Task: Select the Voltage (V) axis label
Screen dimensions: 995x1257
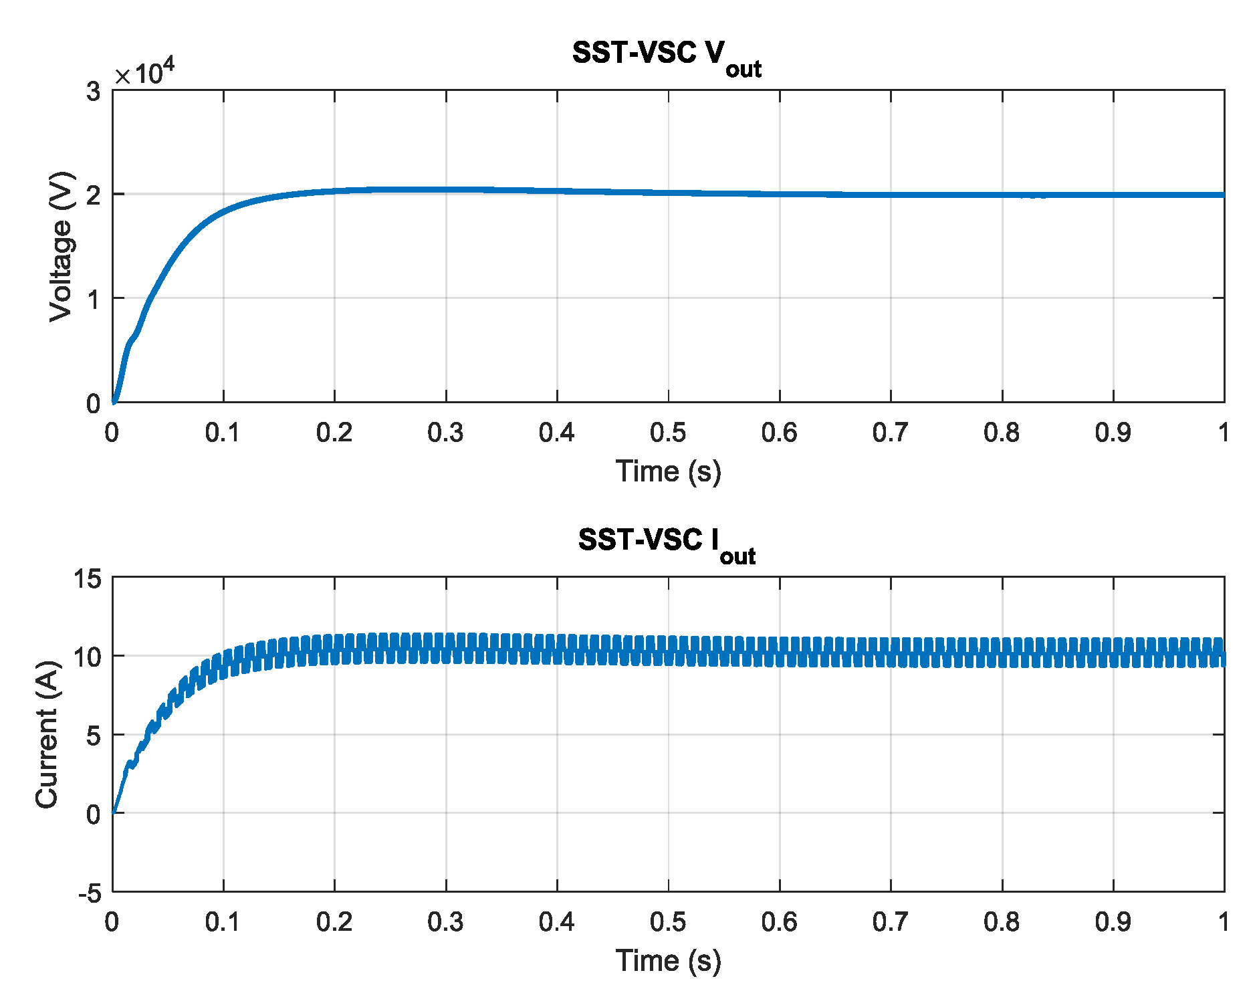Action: coord(61,247)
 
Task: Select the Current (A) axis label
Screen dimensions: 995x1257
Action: coord(47,734)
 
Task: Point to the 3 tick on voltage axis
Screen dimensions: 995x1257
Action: coord(93,92)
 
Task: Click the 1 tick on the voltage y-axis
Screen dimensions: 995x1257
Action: coord(93,299)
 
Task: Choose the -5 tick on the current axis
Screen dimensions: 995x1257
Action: coord(89,893)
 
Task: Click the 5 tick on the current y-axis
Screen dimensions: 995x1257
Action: coord(93,736)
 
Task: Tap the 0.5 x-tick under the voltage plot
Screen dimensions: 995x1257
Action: coord(668,433)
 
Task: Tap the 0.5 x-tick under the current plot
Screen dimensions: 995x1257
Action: coord(668,922)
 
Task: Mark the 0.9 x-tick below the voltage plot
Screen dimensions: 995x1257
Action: coord(1113,433)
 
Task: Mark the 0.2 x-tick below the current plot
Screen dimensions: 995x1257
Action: coord(334,922)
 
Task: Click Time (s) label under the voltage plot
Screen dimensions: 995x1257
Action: coord(668,471)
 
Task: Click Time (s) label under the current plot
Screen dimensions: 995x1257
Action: coord(668,961)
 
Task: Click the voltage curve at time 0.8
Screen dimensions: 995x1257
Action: coord(1002,195)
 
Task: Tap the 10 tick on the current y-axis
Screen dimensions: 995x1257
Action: coord(88,657)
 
